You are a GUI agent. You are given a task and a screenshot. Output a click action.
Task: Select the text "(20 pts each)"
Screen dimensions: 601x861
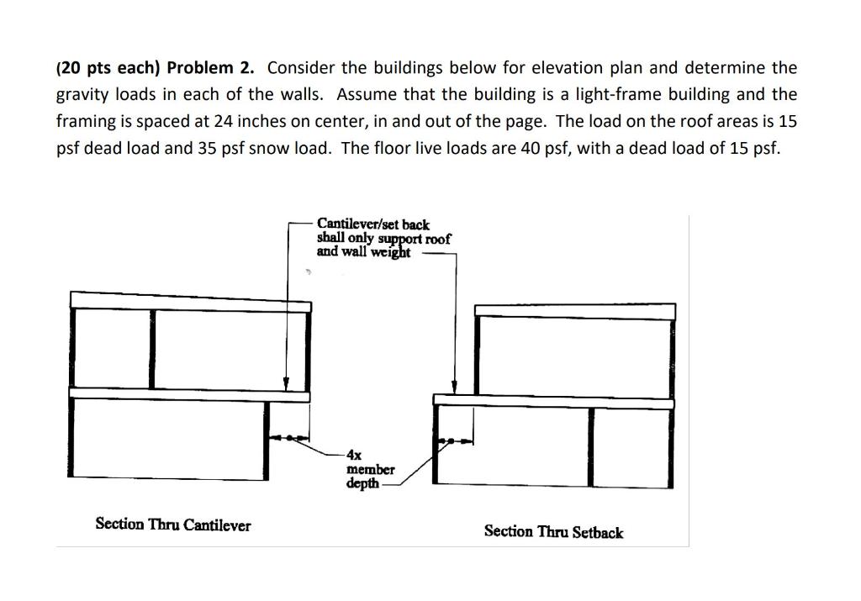109,68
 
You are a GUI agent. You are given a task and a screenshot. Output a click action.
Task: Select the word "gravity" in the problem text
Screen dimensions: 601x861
83,95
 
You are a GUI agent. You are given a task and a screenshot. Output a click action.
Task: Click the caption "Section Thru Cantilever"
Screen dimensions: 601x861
172,525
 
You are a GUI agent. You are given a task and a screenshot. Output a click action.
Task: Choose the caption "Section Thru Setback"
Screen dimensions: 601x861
553,531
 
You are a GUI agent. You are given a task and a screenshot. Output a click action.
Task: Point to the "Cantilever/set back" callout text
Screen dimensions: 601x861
372,224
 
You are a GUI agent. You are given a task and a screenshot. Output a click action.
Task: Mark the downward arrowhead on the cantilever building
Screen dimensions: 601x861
286,384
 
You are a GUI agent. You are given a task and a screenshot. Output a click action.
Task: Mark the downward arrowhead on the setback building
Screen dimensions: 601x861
455,387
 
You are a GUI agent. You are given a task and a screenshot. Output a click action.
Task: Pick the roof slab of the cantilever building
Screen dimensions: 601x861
190,300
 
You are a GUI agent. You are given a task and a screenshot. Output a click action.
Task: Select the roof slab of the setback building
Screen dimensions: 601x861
574,311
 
